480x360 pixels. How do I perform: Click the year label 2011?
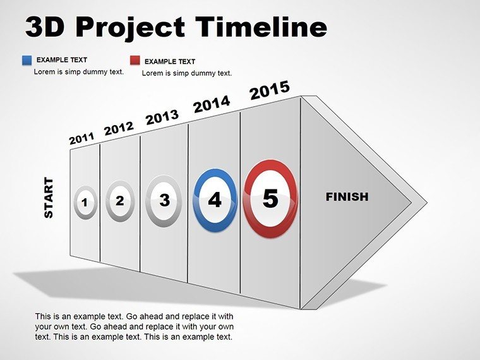pyautogui.click(x=81, y=138)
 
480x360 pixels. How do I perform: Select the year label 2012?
pyautogui.click(x=119, y=128)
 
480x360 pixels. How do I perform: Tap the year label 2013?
pyautogui.click(x=162, y=117)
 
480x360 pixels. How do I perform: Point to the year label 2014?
pyautogui.click(x=212, y=104)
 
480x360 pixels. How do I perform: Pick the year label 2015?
pyautogui.click(x=270, y=90)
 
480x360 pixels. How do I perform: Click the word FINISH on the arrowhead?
pyautogui.click(x=347, y=197)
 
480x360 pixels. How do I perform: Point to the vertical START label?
pyautogui.click(x=49, y=198)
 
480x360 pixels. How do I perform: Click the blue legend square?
pyautogui.click(x=27, y=60)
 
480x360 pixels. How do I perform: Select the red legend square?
pyautogui.click(x=135, y=60)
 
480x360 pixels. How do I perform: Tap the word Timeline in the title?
pyautogui.click(x=261, y=27)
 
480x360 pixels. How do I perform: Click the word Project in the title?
pyautogui.click(x=131, y=28)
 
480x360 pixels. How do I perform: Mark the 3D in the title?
pyautogui.click(x=45, y=27)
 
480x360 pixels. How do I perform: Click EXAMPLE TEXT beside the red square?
pyautogui.click(x=170, y=61)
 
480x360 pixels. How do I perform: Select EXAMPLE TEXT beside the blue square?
pyautogui.click(x=62, y=60)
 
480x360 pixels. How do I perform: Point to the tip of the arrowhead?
pyautogui.click(x=428, y=203)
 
